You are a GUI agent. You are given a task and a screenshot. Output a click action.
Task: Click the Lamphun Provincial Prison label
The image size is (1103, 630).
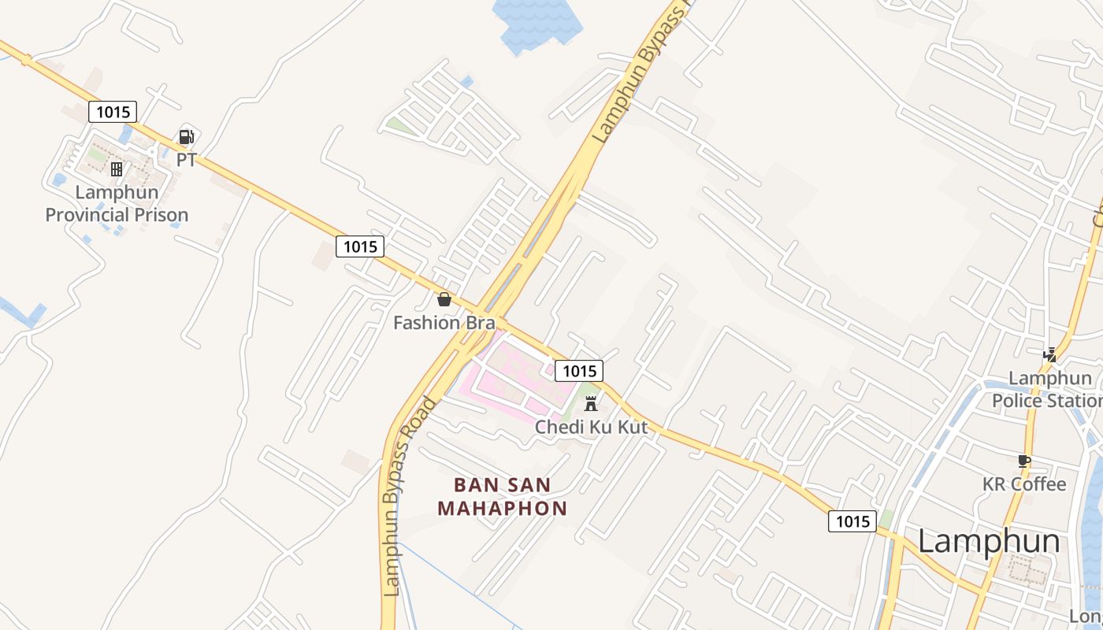click(x=117, y=203)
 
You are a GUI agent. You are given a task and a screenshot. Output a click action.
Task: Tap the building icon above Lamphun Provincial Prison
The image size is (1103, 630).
click(x=117, y=169)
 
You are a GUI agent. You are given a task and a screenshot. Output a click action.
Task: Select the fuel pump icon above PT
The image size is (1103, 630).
click(x=186, y=137)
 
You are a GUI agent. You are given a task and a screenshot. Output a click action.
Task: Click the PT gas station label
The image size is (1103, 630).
click(x=186, y=160)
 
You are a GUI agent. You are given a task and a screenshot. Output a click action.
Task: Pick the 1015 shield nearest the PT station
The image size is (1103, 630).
click(x=113, y=112)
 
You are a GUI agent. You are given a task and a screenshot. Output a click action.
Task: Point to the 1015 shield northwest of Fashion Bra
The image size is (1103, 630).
click(x=360, y=246)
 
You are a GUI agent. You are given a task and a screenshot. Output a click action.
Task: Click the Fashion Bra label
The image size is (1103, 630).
click(x=444, y=322)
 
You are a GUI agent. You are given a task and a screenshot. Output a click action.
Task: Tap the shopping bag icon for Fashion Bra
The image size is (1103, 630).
click(x=444, y=299)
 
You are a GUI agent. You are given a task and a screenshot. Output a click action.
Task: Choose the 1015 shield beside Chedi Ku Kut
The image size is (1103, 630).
click(x=579, y=371)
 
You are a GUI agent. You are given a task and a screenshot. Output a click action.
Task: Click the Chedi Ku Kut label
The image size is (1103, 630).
click(x=591, y=428)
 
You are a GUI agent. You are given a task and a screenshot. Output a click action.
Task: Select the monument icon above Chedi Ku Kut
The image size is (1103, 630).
click(x=591, y=405)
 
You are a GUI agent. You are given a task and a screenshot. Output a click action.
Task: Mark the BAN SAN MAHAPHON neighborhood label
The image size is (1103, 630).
click(x=503, y=496)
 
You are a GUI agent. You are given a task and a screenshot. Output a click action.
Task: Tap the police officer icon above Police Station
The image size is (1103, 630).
click(x=1049, y=355)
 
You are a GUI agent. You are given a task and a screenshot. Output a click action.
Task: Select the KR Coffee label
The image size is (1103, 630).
click(x=1024, y=484)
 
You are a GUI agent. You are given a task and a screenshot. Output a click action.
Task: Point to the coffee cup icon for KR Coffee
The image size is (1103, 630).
click(x=1024, y=461)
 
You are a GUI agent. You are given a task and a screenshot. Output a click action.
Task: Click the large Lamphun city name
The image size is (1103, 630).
click(x=989, y=542)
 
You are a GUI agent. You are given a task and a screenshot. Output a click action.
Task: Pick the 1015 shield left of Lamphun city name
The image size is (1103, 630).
click(x=852, y=521)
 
